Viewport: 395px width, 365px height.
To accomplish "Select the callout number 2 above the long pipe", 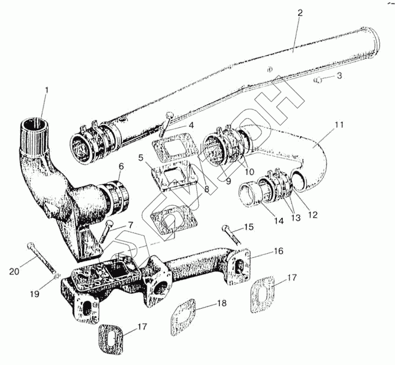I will pos(300,13).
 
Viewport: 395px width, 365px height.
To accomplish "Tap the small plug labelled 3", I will pos(319,79).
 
